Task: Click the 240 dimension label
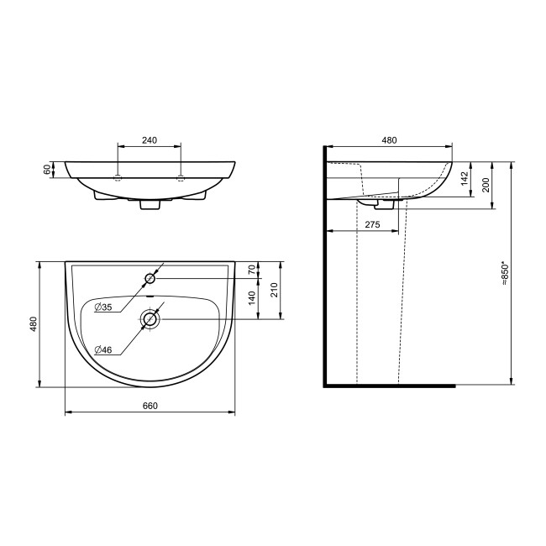[x=150, y=140]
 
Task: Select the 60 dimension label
[x=47, y=170]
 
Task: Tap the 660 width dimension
[x=150, y=406]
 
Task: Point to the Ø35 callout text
[x=103, y=307]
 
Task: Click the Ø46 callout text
[x=103, y=350]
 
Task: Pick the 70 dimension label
[x=252, y=270]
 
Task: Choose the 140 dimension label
[x=252, y=298]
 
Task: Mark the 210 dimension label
[x=275, y=290]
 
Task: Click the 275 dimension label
[x=372, y=224]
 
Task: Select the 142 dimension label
[x=465, y=179]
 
